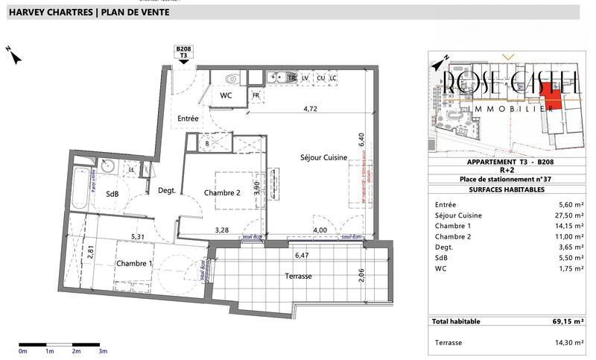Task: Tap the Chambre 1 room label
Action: (x=134, y=264)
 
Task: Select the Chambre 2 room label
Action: (x=223, y=192)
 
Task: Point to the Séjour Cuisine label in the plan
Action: (x=323, y=157)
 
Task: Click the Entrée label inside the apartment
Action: (x=188, y=119)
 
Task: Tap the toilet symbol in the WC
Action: (x=231, y=78)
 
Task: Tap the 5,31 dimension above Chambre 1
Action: (x=138, y=237)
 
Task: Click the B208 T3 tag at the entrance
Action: (x=183, y=51)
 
